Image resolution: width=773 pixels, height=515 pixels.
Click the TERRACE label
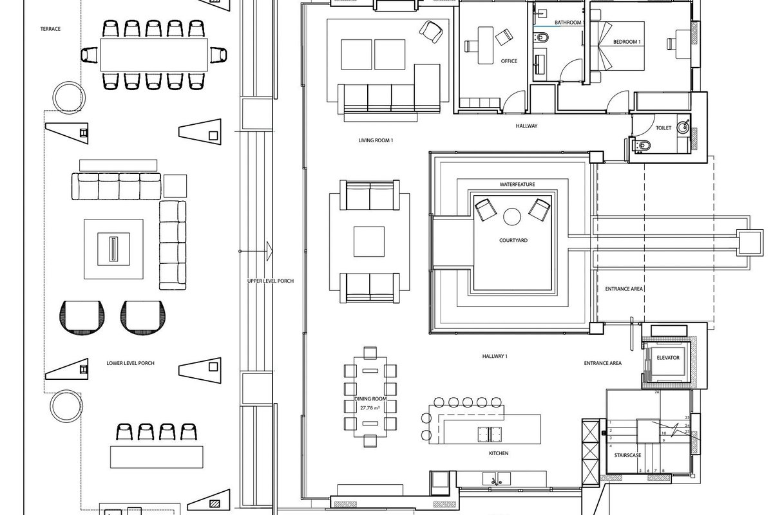(x=50, y=29)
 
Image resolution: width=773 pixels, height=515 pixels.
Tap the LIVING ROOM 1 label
(x=376, y=140)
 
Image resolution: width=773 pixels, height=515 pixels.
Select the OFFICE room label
(x=509, y=61)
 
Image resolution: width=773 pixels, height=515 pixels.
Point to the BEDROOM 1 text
(x=627, y=42)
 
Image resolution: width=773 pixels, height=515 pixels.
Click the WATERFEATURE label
(x=517, y=185)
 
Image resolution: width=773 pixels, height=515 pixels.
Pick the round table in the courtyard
(x=512, y=217)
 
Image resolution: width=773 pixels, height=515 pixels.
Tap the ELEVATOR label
(x=668, y=358)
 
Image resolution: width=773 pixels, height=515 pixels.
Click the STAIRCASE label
(x=627, y=455)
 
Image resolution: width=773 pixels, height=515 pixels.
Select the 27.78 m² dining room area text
(x=370, y=407)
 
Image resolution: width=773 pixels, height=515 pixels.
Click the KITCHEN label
(x=499, y=453)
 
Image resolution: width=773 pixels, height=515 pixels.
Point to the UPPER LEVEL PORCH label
(x=270, y=281)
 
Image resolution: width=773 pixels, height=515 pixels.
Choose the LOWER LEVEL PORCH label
(x=130, y=363)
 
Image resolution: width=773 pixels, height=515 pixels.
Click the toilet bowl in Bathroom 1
(x=541, y=37)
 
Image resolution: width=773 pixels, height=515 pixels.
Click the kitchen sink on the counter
(x=496, y=479)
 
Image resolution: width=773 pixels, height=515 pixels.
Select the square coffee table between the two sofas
(x=369, y=241)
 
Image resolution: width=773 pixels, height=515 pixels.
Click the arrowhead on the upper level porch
(x=269, y=251)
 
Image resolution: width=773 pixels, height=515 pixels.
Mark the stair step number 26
(x=656, y=392)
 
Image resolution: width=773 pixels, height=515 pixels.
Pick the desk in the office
(x=485, y=46)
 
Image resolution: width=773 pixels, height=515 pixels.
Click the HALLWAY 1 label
(x=495, y=357)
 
